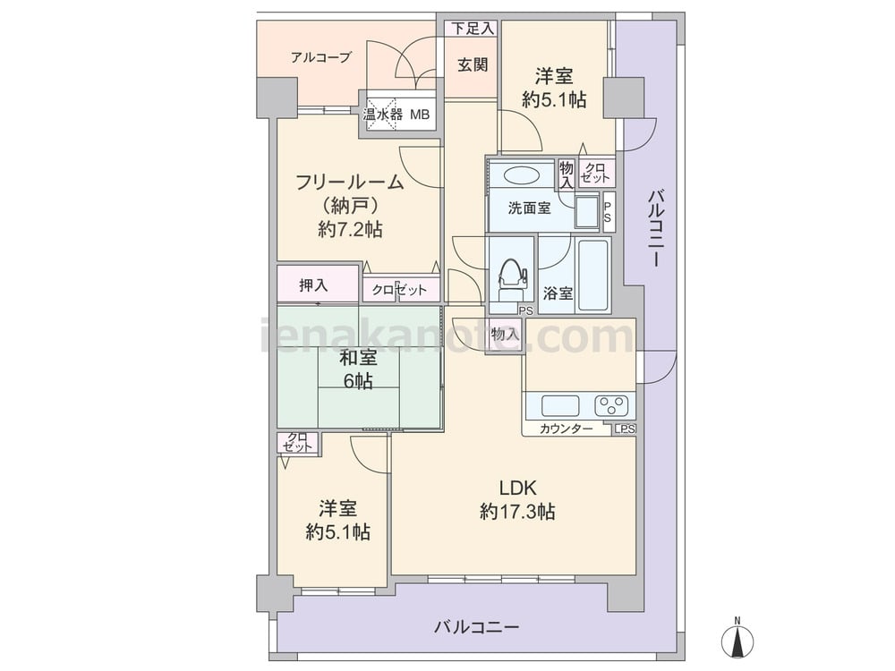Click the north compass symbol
tap(737, 638)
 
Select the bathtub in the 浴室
tap(593, 276)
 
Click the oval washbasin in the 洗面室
tap(521, 174)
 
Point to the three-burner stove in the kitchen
tap(613, 405)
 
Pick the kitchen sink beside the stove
tap(560, 406)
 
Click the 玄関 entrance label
tap(473, 64)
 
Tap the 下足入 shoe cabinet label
tap(473, 29)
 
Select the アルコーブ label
tap(320, 57)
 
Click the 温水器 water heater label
tap(383, 115)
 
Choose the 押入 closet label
tap(313, 285)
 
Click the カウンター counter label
tap(567, 429)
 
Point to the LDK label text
tap(517, 488)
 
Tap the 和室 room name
tap(358, 358)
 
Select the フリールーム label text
tap(350, 183)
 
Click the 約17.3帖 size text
tap(517, 512)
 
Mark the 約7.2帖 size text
tap(351, 229)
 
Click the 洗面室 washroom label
tap(529, 208)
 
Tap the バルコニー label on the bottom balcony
tap(477, 628)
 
